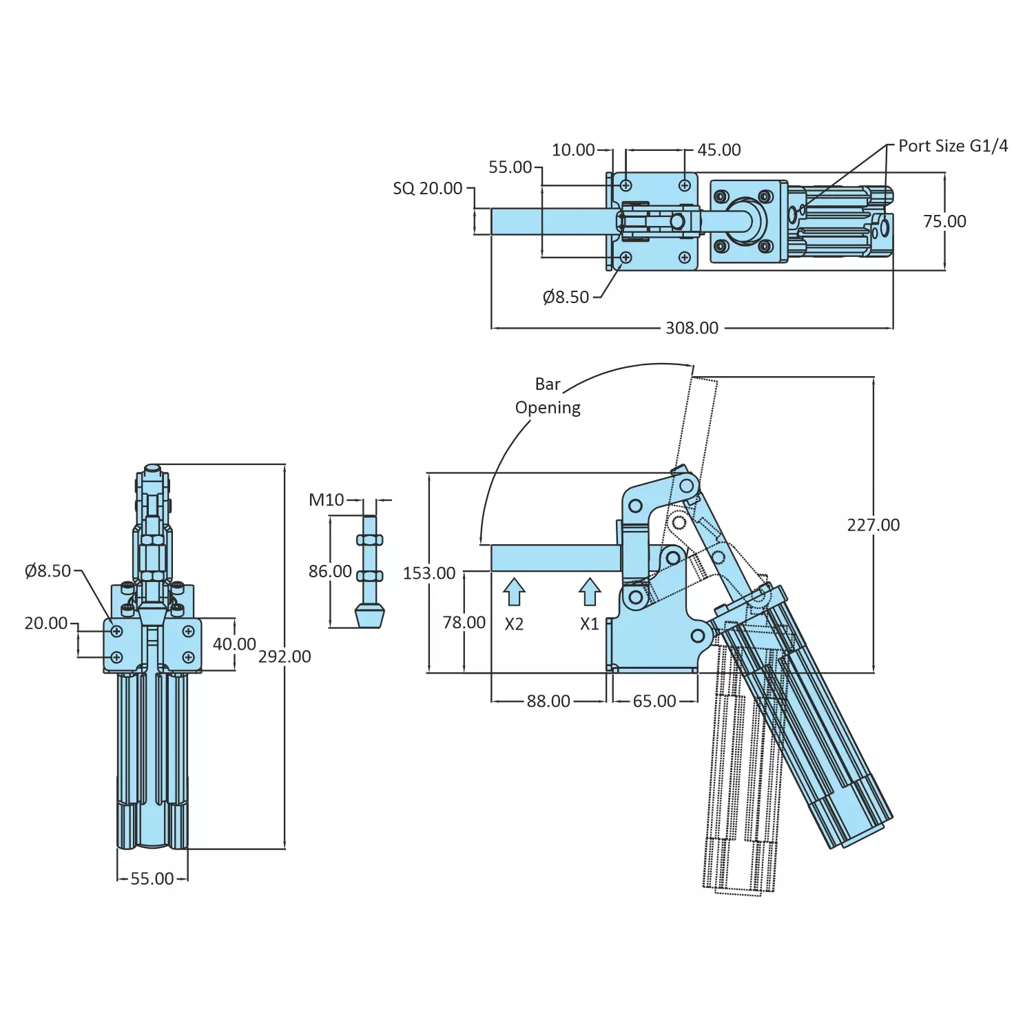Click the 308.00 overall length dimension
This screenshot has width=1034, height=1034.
click(692, 328)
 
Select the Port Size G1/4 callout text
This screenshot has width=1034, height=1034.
click(953, 146)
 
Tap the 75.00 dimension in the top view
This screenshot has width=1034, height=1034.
click(944, 221)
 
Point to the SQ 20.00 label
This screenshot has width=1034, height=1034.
click(427, 188)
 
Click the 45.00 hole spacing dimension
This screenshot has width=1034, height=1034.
click(718, 149)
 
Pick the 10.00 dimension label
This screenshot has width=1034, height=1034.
click(573, 149)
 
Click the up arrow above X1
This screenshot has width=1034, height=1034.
click(590, 592)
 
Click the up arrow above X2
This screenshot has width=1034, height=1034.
click(515, 592)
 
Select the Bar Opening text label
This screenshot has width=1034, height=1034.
click(548, 396)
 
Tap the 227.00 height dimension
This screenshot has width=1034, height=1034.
click(873, 525)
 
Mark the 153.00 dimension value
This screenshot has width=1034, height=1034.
click(429, 573)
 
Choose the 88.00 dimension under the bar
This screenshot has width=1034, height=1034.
click(548, 701)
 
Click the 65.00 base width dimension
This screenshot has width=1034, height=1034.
click(654, 701)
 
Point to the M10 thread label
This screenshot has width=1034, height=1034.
click(326, 500)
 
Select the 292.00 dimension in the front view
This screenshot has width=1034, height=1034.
click(285, 656)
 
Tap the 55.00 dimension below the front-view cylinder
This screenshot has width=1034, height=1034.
click(152, 879)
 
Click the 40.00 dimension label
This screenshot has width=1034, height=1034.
click(234, 644)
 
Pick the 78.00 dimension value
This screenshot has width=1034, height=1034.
click(464, 623)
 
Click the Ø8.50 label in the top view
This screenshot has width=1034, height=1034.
click(566, 297)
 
